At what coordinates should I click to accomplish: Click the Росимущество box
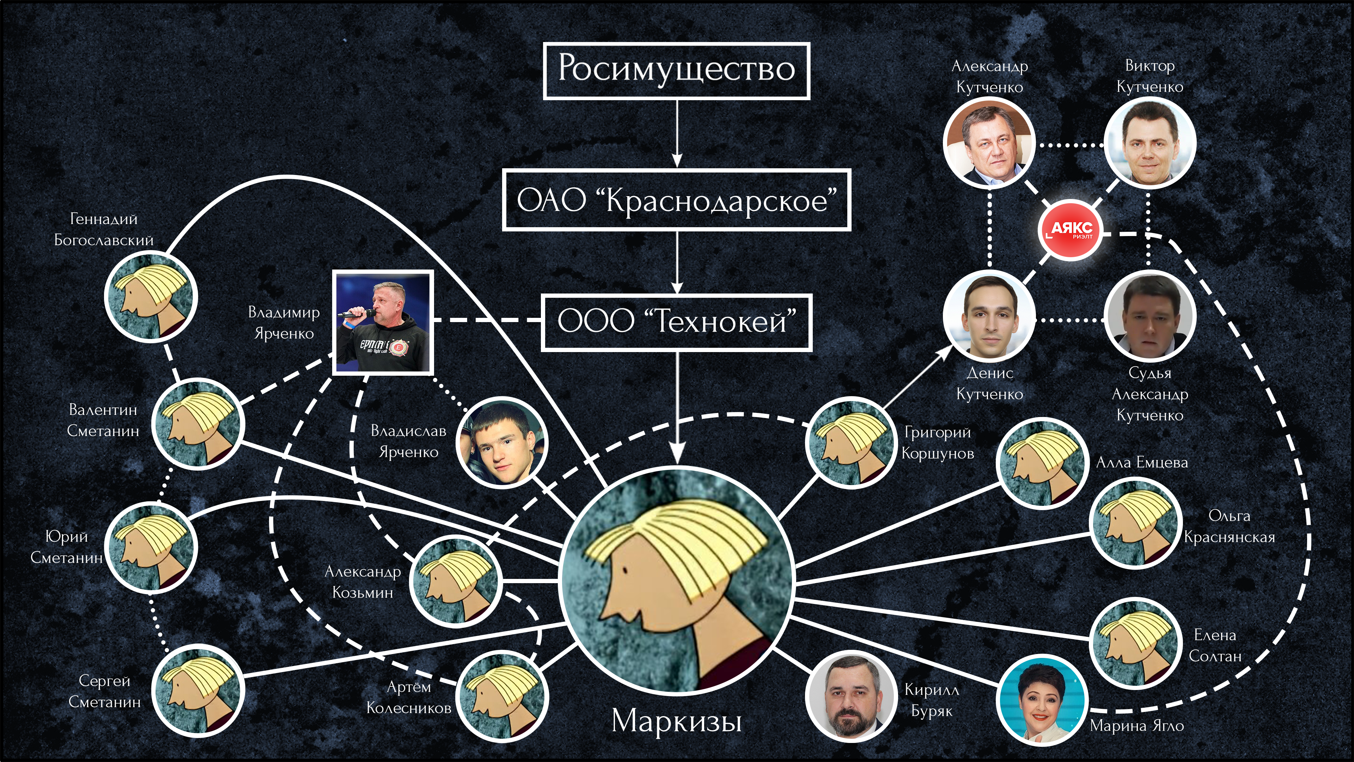point(677,71)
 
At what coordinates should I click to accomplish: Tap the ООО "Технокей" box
point(677,322)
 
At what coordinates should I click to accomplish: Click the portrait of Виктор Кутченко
point(1149,143)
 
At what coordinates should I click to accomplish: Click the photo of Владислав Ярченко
point(502,442)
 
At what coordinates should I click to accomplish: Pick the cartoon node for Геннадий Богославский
point(151,297)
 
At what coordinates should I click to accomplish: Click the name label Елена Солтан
point(1215,645)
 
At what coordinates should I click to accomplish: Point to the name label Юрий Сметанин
point(66,547)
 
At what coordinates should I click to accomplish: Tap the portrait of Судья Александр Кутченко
point(1149,316)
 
